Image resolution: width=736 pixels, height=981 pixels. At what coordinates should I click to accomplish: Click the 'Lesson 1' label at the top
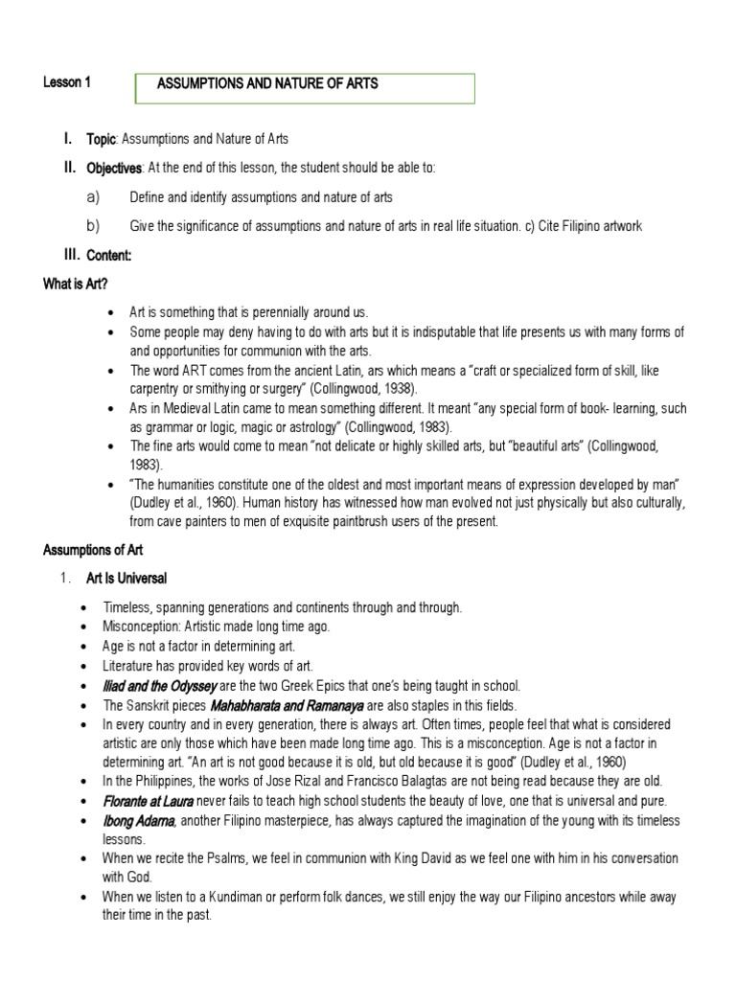click(67, 83)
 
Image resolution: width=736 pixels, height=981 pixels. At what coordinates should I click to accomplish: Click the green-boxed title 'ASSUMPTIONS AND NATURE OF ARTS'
click(267, 84)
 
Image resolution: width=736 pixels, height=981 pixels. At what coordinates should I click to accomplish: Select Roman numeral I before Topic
click(68, 139)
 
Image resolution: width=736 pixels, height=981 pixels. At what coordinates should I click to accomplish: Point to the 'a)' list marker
click(93, 197)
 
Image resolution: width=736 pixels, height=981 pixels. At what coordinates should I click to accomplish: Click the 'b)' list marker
click(93, 226)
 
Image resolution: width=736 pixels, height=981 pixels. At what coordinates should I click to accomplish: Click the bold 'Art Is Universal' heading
click(126, 579)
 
